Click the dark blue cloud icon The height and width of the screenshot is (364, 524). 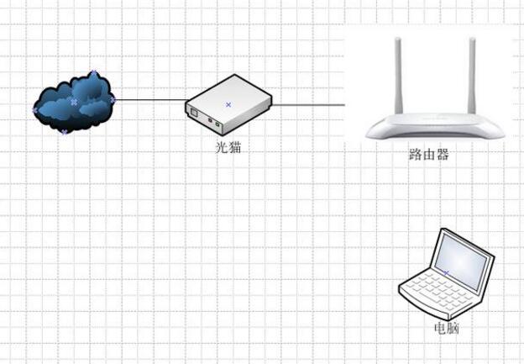(74, 103)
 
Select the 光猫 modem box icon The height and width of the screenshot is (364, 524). (229, 106)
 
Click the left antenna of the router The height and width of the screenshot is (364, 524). (395, 80)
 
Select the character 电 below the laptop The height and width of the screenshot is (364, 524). (439, 328)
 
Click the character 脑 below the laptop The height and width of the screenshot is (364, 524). (453, 328)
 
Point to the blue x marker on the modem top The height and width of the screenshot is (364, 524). (228, 104)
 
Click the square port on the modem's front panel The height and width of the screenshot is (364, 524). (194, 113)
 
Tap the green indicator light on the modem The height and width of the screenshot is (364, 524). (217, 125)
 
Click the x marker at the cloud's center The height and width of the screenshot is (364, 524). (74, 102)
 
